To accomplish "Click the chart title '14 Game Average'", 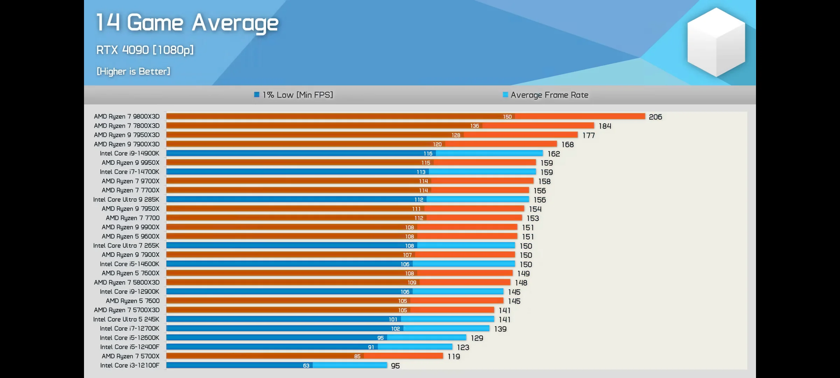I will pyautogui.click(x=187, y=23).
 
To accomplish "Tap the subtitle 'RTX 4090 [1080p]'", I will pyautogui.click(x=145, y=50).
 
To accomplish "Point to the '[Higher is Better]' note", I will pyautogui.click(x=133, y=71).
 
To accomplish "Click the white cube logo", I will pyautogui.click(x=716, y=42).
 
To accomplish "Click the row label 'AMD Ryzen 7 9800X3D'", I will pyautogui.click(x=127, y=117).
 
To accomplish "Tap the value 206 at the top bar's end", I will pyautogui.click(x=655, y=117).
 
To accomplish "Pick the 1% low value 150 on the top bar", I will pyautogui.click(x=507, y=117).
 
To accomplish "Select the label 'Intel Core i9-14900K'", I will pyautogui.click(x=129, y=153).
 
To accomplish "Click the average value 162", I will pyautogui.click(x=554, y=154).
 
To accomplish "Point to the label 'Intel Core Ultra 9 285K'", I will pyautogui.click(x=126, y=199).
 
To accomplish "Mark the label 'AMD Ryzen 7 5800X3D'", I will pyautogui.click(x=127, y=282).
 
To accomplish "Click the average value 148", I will pyautogui.click(x=521, y=283).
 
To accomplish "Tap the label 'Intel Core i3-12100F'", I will pyautogui.click(x=129, y=365).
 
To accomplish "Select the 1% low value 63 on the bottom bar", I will pyautogui.click(x=306, y=365).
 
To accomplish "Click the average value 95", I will pyautogui.click(x=395, y=366).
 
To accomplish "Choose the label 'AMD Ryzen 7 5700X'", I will pyautogui.click(x=131, y=356).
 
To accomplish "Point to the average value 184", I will pyautogui.click(x=605, y=126).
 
